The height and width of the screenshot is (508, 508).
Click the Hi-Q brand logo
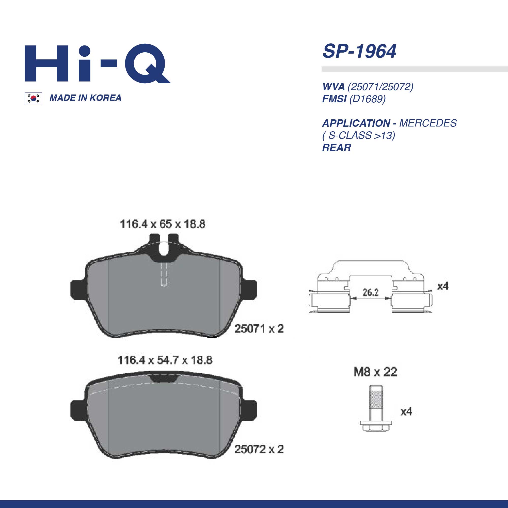(97, 64)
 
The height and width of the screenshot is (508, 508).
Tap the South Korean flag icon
(33, 98)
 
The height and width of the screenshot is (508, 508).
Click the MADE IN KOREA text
(85, 98)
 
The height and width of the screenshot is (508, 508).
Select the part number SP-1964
(359, 51)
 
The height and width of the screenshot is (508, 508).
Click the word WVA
(334, 87)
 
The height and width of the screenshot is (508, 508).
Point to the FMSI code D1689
(367, 99)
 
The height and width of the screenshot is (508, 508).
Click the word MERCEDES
(428, 123)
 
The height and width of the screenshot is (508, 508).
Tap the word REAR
(337, 148)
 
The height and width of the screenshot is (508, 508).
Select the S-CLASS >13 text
(359, 135)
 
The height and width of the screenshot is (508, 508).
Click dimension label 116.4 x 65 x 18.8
(163, 224)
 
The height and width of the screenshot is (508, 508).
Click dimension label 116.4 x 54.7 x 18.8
(165, 360)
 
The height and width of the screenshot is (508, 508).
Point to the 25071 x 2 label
(259, 329)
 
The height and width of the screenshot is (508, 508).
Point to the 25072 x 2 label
(259, 449)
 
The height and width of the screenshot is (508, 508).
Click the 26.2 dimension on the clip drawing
(370, 292)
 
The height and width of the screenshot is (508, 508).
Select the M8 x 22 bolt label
(375, 372)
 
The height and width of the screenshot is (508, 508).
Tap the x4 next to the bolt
(406, 411)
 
